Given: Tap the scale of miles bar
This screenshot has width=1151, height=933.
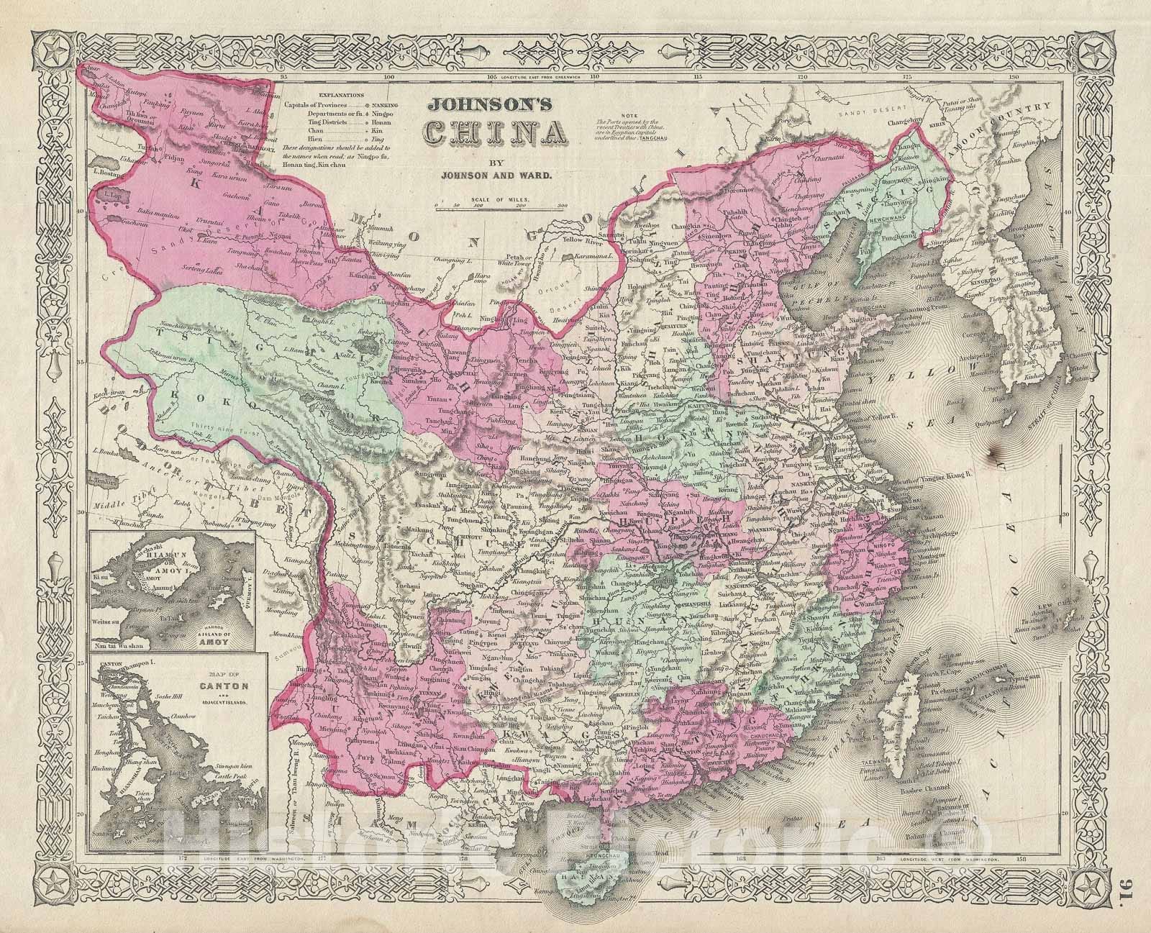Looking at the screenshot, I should (501, 206).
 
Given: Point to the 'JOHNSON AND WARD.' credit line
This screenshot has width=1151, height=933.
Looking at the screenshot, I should (491, 173).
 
